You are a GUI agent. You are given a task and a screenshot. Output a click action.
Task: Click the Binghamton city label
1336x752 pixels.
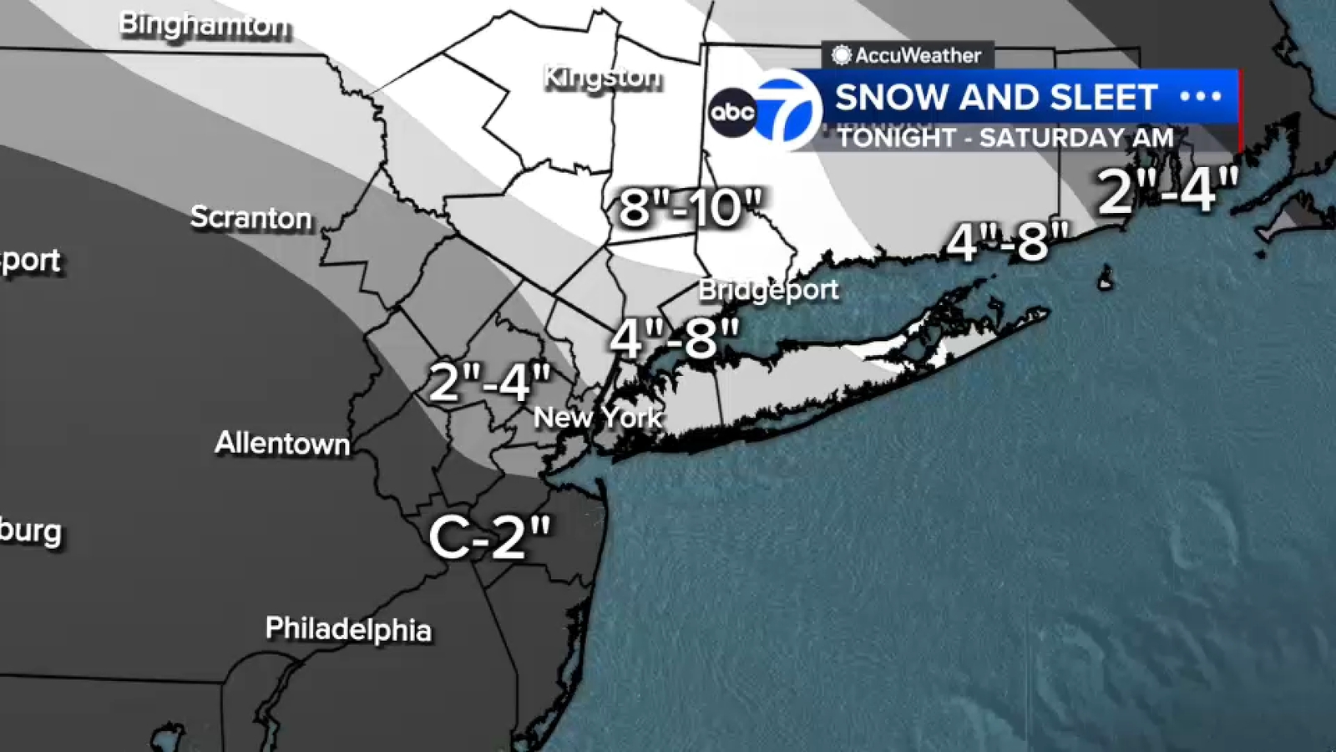point(205,25)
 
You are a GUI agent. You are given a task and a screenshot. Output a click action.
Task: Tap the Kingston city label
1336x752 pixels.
point(602,78)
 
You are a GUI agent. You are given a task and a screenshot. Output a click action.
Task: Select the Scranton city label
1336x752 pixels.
point(250,217)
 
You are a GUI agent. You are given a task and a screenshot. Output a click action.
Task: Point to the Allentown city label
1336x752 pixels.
point(282,443)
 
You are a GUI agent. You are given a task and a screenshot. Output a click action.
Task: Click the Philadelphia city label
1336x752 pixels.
point(348,628)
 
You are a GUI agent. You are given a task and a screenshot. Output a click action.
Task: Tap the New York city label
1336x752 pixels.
point(598,417)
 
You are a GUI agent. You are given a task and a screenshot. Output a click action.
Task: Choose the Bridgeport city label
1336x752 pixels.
point(768,290)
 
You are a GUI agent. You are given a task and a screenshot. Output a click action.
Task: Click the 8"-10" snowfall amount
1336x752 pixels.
point(691,207)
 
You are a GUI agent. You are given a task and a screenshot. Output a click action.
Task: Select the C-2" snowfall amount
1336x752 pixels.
point(490,537)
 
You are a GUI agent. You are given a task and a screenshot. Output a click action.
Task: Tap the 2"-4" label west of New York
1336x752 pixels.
point(490,383)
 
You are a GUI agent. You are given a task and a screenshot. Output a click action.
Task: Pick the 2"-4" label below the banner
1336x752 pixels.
point(1167,191)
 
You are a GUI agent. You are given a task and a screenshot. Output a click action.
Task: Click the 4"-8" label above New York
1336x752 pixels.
point(675,338)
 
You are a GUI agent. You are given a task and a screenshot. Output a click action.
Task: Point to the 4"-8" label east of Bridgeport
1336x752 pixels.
point(1007,242)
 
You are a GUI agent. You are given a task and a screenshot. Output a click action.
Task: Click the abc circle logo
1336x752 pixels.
point(732,112)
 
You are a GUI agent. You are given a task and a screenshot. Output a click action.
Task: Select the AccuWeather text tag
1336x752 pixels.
point(908,55)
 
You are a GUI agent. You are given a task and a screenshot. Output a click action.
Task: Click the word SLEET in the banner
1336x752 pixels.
point(1103,97)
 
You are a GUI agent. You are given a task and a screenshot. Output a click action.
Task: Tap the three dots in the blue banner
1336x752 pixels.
point(1201,96)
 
